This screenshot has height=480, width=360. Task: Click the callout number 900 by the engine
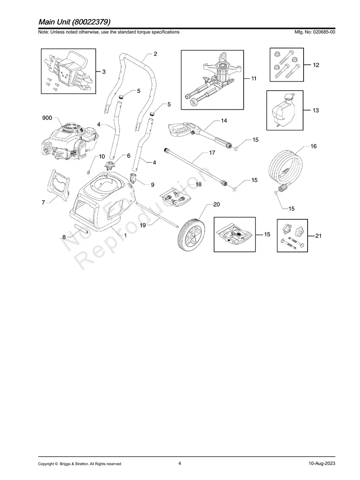(x=47, y=118)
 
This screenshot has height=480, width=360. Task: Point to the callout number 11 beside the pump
(x=253, y=79)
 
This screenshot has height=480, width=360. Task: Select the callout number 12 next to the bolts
(x=316, y=64)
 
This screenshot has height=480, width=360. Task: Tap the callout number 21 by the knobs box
(x=318, y=236)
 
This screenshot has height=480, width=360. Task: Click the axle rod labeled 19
(x=159, y=217)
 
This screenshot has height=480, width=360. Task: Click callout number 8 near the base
(x=64, y=237)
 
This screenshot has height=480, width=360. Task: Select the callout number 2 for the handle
(x=155, y=54)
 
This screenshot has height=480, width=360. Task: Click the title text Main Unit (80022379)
(x=74, y=21)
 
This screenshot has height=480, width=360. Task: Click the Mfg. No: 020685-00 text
(x=313, y=32)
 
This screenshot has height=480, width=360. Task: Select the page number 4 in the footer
(x=180, y=463)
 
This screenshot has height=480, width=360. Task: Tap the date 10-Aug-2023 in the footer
(x=321, y=463)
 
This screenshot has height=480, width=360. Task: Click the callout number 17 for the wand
(x=212, y=153)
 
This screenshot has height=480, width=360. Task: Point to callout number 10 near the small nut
(x=102, y=157)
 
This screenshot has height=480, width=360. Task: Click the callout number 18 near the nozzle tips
(x=198, y=184)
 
